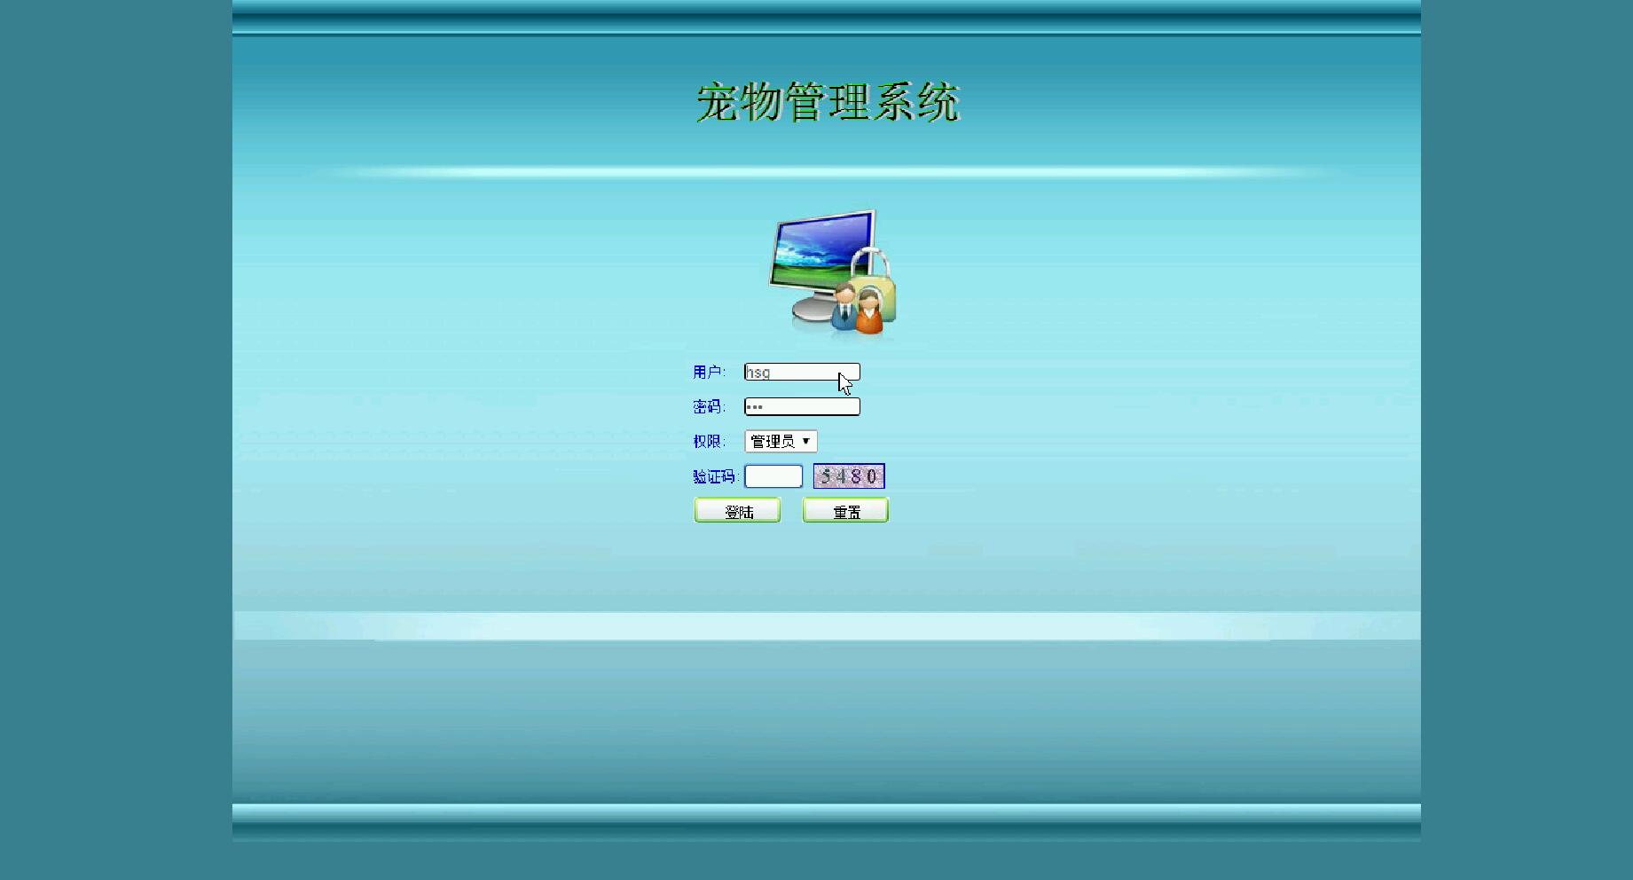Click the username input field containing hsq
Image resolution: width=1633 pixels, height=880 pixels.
pos(802,373)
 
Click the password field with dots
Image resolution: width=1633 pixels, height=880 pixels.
pos(802,406)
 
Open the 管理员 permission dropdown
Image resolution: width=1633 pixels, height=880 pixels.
pos(781,441)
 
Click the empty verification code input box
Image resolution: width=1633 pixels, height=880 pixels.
pos(773,476)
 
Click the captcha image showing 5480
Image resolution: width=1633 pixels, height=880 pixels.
pos(849,476)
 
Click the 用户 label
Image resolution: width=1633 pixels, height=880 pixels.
pos(709,372)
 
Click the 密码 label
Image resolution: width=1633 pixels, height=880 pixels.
pos(709,406)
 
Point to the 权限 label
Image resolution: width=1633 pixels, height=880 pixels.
pos(709,441)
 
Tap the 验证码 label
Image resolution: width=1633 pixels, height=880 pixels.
pos(715,476)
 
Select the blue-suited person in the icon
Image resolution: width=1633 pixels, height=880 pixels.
pos(844,307)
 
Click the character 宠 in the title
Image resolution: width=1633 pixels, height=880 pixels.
pos(718,102)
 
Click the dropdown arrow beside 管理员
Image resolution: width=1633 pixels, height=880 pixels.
pos(805,441)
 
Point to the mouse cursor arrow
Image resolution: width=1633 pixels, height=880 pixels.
pos(844,383)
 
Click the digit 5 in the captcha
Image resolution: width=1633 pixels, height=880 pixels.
pos(826,476)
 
